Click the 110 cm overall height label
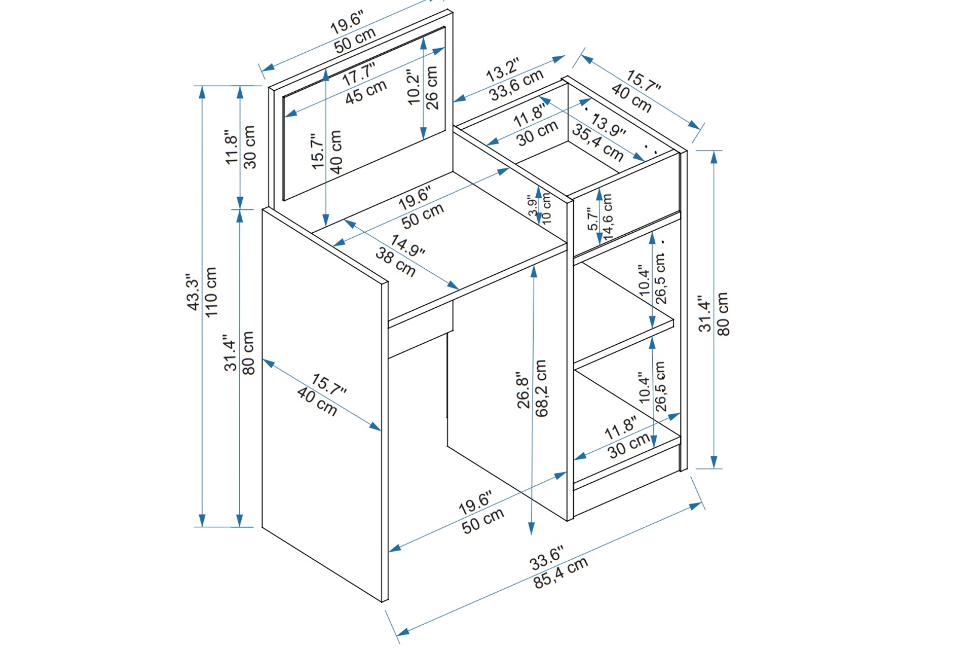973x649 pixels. (x=211, y=293)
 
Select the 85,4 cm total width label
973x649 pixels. (x=560, y=573)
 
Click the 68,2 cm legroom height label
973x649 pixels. (x=541, y=388)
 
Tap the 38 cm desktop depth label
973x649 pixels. (x=395, y=262)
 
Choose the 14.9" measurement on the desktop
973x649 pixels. (x=408, y=245)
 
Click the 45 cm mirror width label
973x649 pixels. (x=366, y=92)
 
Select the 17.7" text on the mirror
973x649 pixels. (x=358, y=75)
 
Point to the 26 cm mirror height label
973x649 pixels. (x=432, y=88)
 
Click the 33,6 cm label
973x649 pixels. (x=516, y=85)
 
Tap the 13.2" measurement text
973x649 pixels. (x=503, y=70)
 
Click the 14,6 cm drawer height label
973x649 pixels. (x=608, y=217)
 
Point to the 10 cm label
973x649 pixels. (x=546, y=209)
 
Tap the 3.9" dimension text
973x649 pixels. (x=532, y=206)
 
